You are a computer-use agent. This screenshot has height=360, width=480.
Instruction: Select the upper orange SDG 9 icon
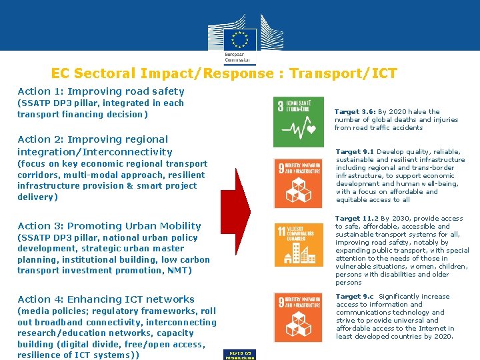point(298,182)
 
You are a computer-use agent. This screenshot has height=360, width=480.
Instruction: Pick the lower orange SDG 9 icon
point(298,317)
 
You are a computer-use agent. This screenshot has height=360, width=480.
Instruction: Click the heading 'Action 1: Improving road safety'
point(101,91)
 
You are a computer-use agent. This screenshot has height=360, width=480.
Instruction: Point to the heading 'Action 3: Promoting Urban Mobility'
point(109,226)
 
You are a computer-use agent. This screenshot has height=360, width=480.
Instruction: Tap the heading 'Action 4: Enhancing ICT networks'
point(106,299)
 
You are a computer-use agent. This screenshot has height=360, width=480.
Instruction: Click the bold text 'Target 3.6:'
point(355,112)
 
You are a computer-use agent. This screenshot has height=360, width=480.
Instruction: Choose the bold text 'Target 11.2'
point(357,219)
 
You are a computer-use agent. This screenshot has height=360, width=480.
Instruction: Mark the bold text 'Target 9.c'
point(355,297)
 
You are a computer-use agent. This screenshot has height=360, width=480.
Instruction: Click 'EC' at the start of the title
point(60,73)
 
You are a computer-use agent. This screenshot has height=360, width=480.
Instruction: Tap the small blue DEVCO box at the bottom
point(239,355)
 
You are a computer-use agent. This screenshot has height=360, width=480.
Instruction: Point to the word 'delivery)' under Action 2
point(37,197)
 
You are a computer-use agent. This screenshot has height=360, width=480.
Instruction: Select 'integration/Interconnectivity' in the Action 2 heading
point(95,152)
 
